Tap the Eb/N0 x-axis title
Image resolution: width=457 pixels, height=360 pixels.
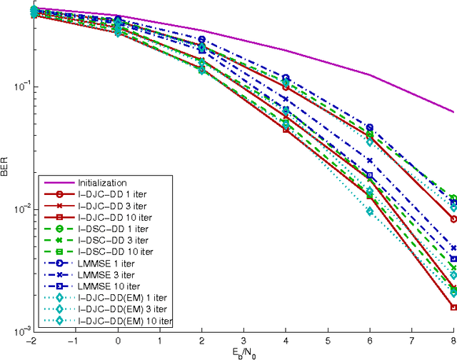tap(243, 351)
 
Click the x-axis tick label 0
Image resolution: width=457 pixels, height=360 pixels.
tap(117, 340)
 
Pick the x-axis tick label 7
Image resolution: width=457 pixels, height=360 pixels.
tap(412, 340)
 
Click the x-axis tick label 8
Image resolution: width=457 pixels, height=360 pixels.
tap(453, 340)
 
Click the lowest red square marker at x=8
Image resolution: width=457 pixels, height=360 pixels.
tap(453, 307)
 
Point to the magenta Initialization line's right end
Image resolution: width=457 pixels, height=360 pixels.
tap(453, 112)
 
